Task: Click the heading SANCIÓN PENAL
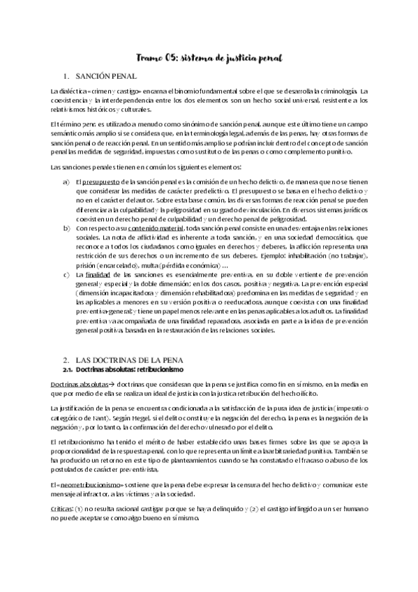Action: click(107, 75)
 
